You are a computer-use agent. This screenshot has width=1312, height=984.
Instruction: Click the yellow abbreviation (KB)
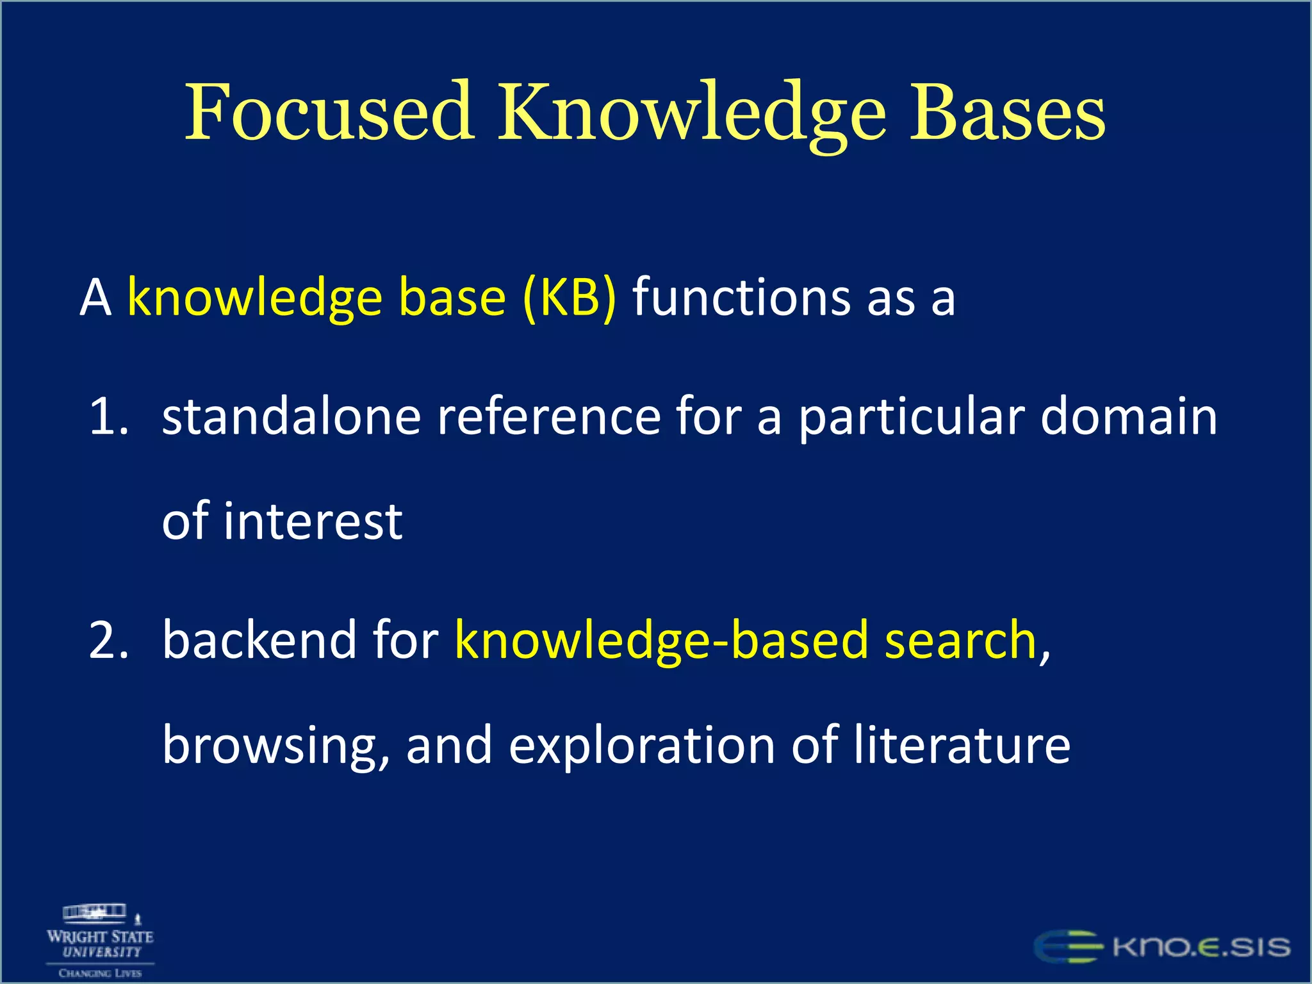[570, 298]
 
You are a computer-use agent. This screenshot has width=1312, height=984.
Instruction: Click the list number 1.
[108, 417]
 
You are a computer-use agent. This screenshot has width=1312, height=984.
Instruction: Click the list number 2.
[108, 640]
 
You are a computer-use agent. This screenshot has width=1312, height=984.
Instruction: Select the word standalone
[291, 417]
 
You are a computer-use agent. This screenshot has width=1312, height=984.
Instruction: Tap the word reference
[548, 417]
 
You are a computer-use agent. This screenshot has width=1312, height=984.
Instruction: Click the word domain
[1129, 417]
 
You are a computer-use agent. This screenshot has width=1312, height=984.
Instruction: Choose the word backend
[259, 640]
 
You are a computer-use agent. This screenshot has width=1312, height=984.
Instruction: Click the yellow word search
[960, 640]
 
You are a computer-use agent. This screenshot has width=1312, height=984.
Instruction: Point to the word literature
[962, 746]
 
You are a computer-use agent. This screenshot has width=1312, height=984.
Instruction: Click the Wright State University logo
[100, 940]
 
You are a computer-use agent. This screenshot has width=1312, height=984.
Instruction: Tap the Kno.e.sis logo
[1161, 947]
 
